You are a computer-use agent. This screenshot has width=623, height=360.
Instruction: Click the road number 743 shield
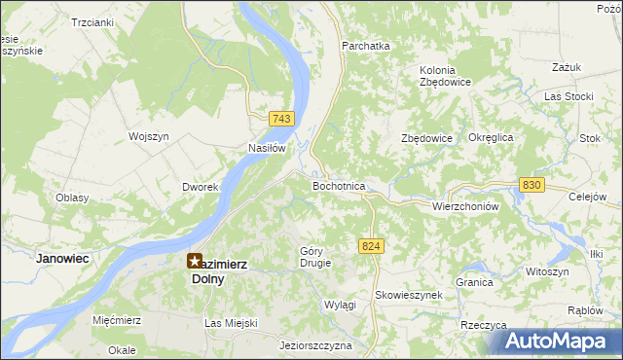[281, 119]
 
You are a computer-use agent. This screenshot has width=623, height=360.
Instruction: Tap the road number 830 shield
[531, 184]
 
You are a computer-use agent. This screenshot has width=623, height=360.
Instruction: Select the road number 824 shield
[369, 247]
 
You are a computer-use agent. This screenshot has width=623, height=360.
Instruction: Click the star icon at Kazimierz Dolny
[194, 261]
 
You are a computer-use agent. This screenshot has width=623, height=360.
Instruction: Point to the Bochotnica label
[338, 185]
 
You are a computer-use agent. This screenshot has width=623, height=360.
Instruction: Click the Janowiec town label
[62, 258]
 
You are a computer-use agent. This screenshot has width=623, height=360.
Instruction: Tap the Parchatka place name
[365, 45]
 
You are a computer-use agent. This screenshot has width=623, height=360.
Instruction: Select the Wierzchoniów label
[464, 206]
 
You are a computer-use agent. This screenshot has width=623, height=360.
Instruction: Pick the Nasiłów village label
[266, 148]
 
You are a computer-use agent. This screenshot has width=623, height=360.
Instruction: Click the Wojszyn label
[149, 136]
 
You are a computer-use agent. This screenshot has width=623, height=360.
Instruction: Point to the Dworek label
[199, 186]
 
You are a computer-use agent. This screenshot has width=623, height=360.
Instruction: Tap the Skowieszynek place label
[409, 294]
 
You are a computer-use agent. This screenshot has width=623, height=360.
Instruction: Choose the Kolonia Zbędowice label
[445, 76]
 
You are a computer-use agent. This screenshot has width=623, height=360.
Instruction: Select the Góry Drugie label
[316, 257]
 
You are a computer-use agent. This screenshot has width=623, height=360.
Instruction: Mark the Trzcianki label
[92, 20]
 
